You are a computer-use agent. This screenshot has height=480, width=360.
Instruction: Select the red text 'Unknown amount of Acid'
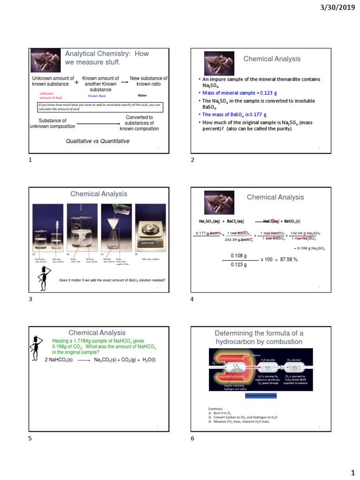click(48, 95)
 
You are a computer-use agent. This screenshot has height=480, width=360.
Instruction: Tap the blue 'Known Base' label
click(97, 96)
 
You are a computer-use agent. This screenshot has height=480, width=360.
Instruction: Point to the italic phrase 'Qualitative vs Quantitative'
click(97, 141)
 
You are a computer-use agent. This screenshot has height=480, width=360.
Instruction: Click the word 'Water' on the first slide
click(142, 95)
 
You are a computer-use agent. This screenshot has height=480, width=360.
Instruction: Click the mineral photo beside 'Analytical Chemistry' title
click(45, 60)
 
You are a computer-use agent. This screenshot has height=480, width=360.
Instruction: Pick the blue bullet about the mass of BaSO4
click(234, 114)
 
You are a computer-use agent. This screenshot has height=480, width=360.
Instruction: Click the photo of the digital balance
click(150, 227)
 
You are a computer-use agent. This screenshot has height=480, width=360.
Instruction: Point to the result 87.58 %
click(286, 259)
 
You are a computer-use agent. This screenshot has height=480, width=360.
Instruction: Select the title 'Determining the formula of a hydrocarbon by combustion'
click(259, 337)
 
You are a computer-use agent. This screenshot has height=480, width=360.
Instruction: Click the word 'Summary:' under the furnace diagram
click(216, 408)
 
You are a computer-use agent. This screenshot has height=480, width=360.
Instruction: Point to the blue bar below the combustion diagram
click(261, 396)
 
